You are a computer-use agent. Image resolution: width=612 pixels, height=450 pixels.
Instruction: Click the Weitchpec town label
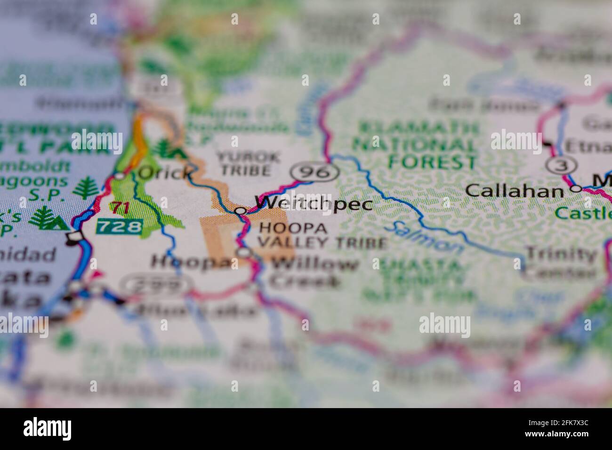[x=314, y=204]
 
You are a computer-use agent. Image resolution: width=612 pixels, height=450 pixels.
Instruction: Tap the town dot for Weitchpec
[x=241, y=211]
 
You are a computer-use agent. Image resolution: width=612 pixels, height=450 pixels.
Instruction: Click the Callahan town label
[x=514, y=191]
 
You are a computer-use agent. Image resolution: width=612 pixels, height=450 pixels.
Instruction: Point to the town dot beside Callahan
[x=576, y=189]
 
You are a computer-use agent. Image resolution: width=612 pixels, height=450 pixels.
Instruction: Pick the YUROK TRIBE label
[x=249, y=163]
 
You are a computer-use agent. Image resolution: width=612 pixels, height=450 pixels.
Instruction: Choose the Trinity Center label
[x=560, y=262]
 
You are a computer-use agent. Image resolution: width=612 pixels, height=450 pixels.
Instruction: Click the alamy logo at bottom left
[x=48, y=429]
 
